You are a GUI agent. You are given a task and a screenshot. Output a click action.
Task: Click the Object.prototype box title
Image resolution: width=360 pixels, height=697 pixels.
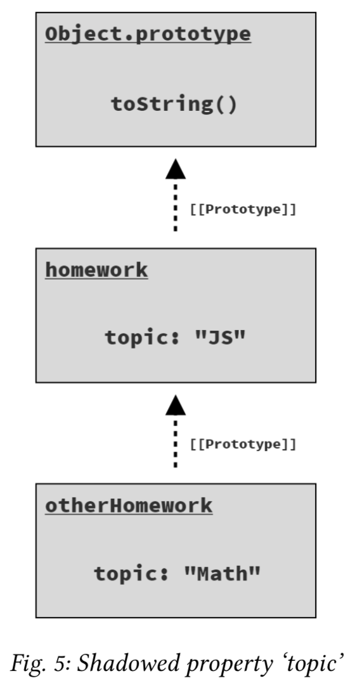point(148,35)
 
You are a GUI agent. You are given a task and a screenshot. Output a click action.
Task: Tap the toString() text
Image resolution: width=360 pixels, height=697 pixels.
point(174,105)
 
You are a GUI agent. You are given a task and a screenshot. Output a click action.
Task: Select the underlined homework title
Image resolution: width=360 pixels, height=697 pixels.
point(96,270)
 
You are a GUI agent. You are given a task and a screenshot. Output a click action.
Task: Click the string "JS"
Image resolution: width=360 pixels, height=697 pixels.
point(221,337)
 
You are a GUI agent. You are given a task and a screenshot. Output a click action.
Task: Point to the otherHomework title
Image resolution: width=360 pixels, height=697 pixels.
point(129,506)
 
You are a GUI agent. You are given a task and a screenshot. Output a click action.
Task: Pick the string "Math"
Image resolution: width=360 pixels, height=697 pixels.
point(222,573)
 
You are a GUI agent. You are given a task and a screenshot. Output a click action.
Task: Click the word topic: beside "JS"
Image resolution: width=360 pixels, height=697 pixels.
point(142,338)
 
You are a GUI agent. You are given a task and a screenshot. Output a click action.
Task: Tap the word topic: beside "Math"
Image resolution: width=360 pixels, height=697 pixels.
point(132,574)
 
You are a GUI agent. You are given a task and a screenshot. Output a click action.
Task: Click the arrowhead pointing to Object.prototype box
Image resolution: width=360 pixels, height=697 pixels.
point(176,169)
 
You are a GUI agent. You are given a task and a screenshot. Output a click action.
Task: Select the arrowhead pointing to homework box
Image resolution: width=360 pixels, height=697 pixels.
point(176,405)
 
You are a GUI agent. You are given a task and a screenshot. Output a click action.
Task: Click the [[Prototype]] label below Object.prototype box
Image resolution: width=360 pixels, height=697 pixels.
point(243,209)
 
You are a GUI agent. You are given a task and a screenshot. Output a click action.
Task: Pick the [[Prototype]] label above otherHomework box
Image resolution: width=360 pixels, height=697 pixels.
point(243,444)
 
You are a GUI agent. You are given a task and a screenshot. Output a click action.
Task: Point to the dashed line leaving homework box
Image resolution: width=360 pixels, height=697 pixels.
point(176,205)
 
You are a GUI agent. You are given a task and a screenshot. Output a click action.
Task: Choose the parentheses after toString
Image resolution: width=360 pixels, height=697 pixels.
point(227,105)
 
